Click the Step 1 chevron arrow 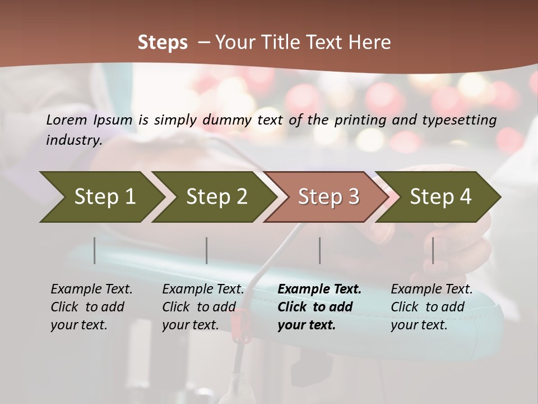point(105,197)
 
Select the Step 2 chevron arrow point(217,197)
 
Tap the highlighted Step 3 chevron point(328,197)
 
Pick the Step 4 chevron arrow point(440,197)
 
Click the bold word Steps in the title point(163,43)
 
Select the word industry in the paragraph point(73,140)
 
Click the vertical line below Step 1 point(95,250)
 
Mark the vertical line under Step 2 point(207,250)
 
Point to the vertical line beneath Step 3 point(320,250)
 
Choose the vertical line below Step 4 point(433,250)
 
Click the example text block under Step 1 point(91,307)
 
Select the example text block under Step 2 point(203,307)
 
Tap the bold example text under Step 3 point(319,307)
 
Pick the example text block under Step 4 point(432,307)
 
